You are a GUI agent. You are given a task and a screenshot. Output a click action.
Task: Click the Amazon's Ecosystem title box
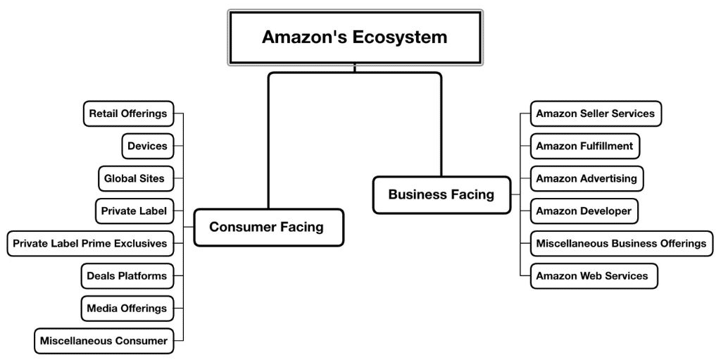coord(355,37)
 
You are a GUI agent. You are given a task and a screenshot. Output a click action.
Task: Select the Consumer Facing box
coord(268,227)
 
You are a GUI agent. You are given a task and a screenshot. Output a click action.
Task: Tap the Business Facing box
coord(441,194)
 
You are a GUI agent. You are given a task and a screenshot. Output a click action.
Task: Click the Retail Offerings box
coord(128,113)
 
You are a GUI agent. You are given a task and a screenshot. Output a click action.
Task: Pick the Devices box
coord(148,147)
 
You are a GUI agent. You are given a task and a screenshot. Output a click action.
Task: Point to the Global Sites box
coord(134,178)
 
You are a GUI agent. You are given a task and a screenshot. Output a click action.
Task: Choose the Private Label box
coord(134,211)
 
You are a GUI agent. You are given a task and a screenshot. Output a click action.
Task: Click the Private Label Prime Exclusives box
coord(90,243)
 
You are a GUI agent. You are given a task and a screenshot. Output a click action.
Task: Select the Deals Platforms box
coord(127,275)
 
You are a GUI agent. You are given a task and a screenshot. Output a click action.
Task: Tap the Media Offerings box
coord(127,308)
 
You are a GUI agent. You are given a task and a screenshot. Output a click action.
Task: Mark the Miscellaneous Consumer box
coord(104,340)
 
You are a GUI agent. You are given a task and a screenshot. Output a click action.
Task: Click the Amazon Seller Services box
coord(596,113)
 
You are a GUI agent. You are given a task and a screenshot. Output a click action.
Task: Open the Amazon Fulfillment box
coord(584,146)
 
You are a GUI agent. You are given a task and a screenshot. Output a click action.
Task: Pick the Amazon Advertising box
coord(587,178)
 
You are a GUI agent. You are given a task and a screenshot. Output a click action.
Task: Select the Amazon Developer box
coord(584,211)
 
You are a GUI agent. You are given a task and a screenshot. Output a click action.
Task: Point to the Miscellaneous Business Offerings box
coord(621,243)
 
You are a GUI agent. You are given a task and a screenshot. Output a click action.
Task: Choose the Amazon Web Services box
coord(594,275)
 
